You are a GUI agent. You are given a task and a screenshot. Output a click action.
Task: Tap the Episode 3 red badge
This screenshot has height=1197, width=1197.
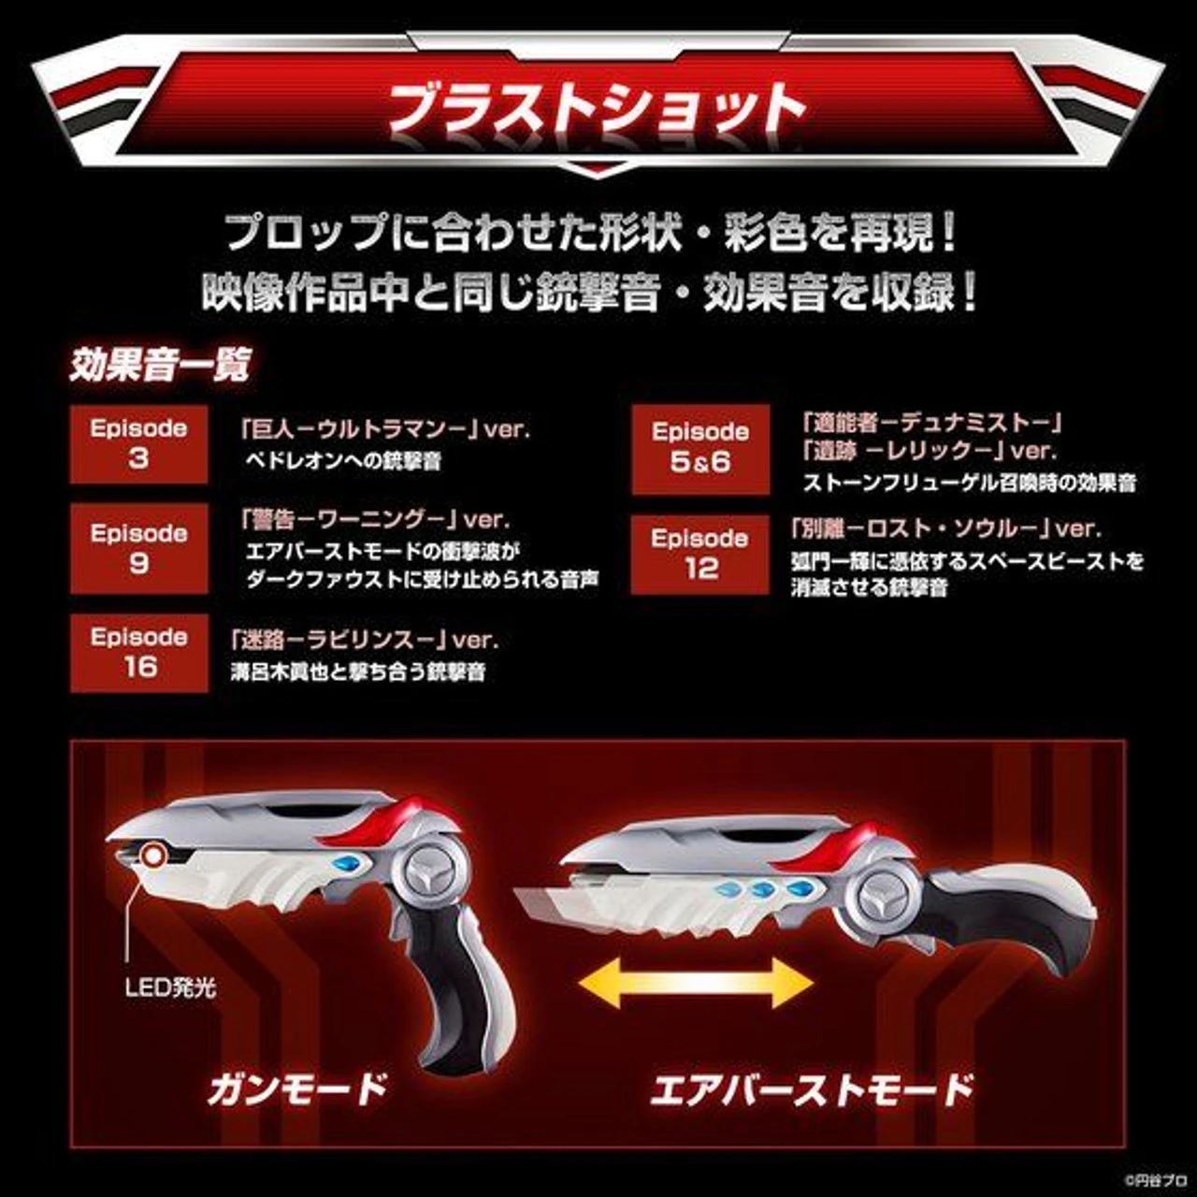pos(138,444)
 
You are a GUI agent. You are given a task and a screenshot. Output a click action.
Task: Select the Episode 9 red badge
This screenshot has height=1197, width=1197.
pos(138,548)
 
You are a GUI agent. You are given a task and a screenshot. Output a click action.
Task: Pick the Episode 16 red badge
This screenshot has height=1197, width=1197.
pos(138,652)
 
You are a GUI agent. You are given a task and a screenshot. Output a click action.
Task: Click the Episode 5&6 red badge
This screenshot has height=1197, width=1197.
pos(700,448)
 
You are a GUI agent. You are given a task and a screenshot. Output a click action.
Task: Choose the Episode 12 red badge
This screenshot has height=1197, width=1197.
pos(700,554)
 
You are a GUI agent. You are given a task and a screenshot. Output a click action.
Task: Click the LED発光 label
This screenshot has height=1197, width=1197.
pos(170,988)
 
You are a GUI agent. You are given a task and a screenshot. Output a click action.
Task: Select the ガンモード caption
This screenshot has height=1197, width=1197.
pos(296,1089)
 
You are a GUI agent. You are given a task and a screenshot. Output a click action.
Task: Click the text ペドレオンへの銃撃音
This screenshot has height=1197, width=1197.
pos(342,461)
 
